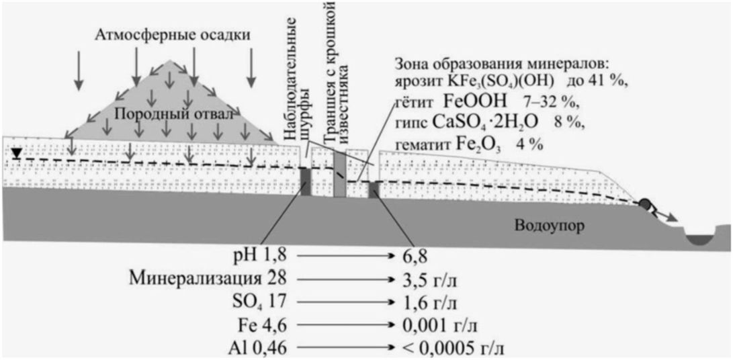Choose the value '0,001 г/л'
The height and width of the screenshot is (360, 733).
coord(436,325)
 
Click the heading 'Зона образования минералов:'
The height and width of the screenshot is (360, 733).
coord(501,66)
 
